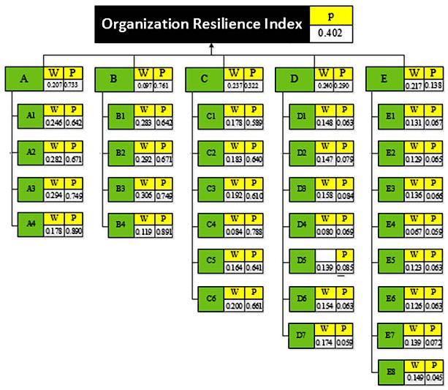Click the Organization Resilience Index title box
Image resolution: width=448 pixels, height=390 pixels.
click(201, 24)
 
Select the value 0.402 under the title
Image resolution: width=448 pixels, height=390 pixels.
click(332, 34)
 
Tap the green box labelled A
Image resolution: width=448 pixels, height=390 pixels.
click(24, 79)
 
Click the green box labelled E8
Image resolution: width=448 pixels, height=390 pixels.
click(390, 372)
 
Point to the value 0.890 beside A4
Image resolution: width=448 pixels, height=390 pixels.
click(72, 231)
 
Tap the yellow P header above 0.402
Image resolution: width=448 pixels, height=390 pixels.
click(332, 15)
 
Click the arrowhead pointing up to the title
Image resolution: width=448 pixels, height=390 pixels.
click(210, 48)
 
